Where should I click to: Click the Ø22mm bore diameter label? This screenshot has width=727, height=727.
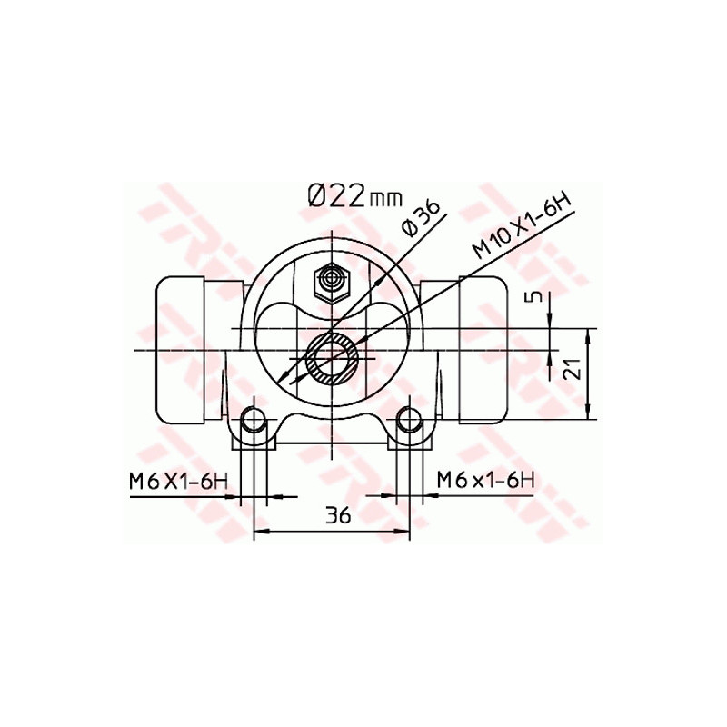click(354, 196)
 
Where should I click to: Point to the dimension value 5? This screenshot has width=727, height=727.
click(536, 297)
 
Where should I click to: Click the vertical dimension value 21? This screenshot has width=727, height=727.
click(574, 369)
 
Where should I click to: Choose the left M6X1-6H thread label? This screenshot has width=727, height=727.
click(178, 482)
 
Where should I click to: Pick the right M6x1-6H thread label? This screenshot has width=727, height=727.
click(485, 480)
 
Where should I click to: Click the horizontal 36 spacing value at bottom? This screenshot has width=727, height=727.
click(337, 516)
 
